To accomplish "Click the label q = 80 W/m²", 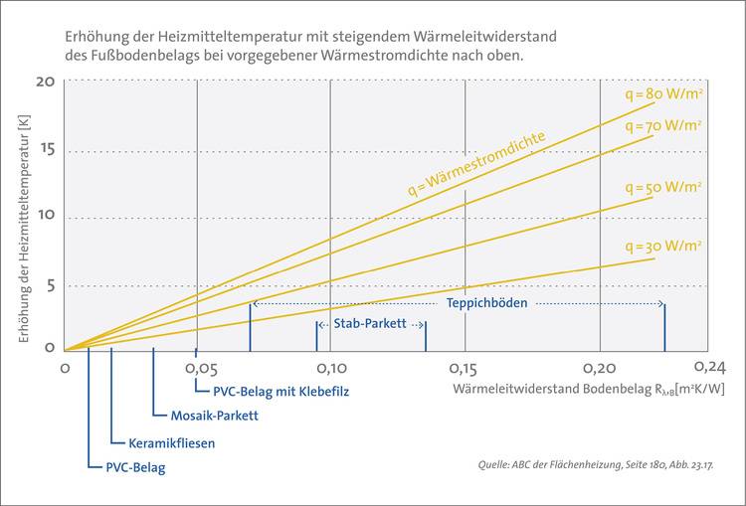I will point(663,95).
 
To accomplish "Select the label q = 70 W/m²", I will point(663,126).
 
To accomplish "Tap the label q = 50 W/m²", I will point(663,187).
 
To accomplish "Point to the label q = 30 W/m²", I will point(663,246).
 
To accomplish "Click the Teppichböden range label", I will point(486,302).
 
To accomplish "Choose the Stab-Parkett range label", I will point(370,324).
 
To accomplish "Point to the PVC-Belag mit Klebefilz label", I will point(281,391).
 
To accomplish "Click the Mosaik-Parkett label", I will point(208,416).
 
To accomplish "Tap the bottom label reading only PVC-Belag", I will point(135,467).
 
